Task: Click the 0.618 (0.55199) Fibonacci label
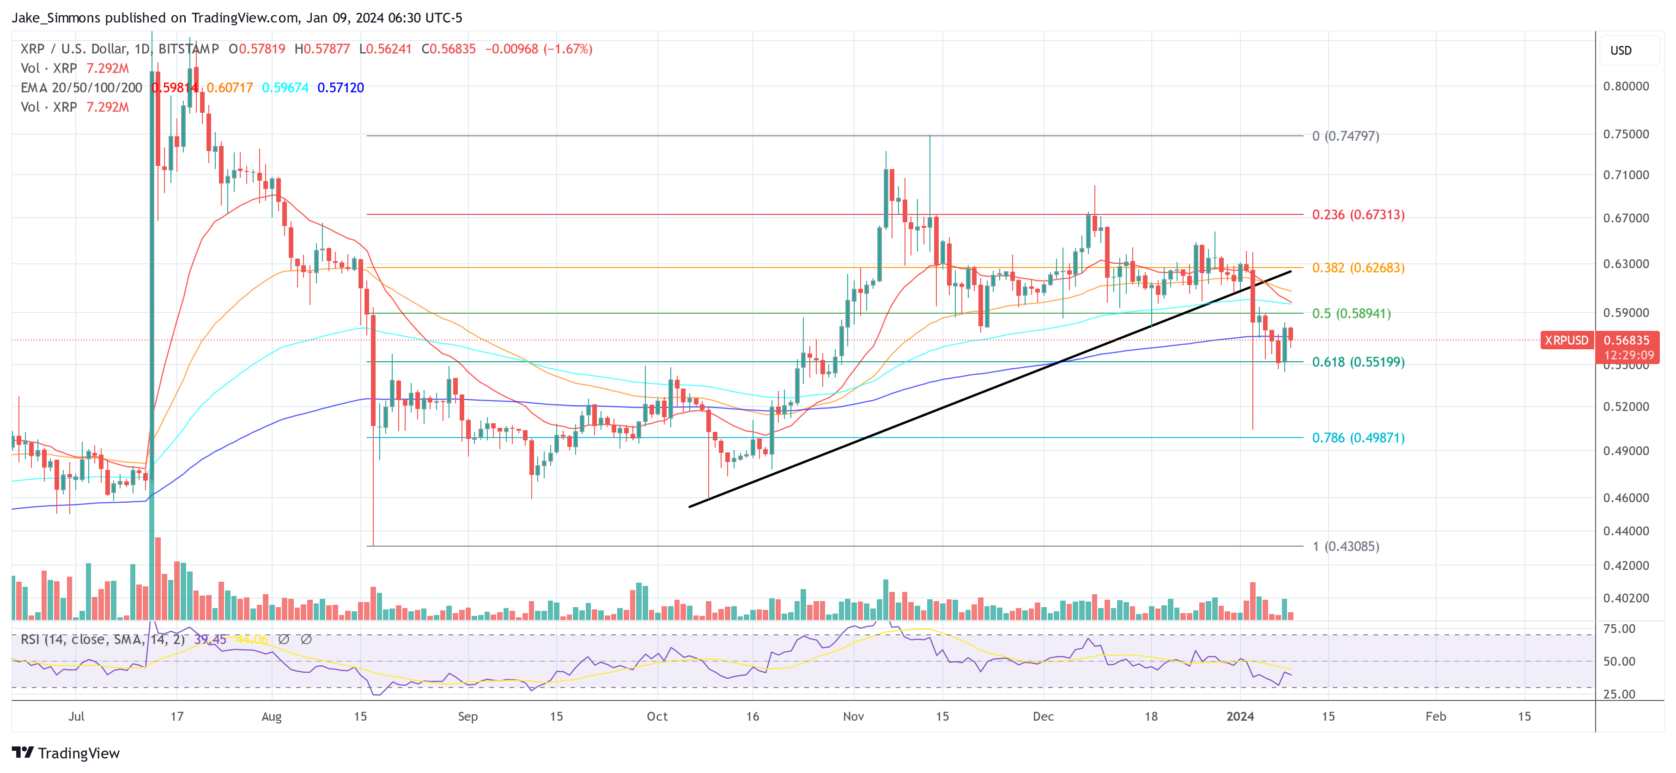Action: tap(1358, 362)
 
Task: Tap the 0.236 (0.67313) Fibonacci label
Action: tap(1358, 215)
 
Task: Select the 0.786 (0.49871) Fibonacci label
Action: tap(1358, 438)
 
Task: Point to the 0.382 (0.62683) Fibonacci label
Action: tap(1358, 268)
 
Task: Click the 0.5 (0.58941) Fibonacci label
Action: tap(1351, 314)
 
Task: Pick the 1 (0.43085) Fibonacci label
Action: tap(1346, 547)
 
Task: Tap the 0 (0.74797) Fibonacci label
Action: tap(1346, 136)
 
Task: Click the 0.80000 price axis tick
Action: tap(1625, 86)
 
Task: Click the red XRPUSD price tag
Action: tap(1566, 341)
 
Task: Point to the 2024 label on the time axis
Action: tap(1239, 716)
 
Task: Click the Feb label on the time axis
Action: tap(1435, 716)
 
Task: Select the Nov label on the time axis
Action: tap(853, 716)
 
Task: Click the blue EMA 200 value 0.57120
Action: tap(340, 88)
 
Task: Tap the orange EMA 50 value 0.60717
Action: tap(230, 88)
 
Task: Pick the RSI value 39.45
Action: tap(210, 639)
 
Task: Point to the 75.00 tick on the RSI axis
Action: tap(1619, 628)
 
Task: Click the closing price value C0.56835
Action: tap(448, 49)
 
